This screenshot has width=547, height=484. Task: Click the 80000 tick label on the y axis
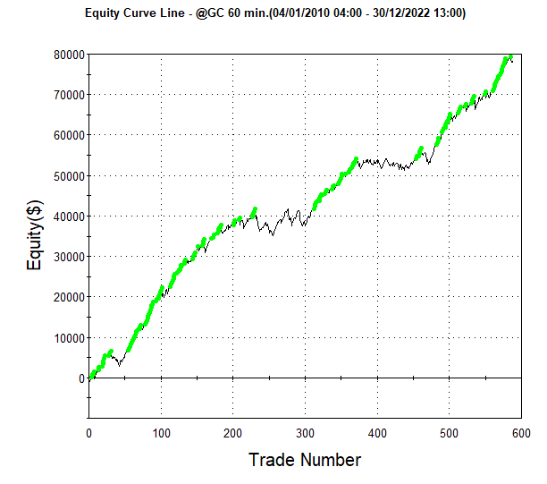(x=69, y=55)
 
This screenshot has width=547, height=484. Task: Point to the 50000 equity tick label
(x=69, y=176)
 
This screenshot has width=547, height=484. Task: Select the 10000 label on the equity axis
(x=69, y=338)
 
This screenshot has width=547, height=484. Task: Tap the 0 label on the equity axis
(x=82, y=378)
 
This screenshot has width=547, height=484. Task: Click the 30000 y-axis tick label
(x=69, y=257)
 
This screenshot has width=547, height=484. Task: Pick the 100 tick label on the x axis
(x=161, y=433)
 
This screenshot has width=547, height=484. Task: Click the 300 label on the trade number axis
(x=306, y=433)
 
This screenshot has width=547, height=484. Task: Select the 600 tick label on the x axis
(x=521, y=433)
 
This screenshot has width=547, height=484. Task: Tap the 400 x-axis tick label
(x=377, y=433)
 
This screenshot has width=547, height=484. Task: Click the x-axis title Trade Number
(x=305, y=460)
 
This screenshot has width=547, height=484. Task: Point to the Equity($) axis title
(x=35, y=235)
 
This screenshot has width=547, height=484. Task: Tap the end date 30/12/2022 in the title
(x=401, y=13)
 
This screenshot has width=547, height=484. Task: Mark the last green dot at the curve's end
(x=510, y=57)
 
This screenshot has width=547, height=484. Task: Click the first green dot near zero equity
(x=91, y=377)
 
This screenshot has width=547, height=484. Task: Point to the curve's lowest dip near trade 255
(x=273, y=235)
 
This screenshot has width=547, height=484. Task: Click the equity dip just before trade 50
(x=120, y=365)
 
